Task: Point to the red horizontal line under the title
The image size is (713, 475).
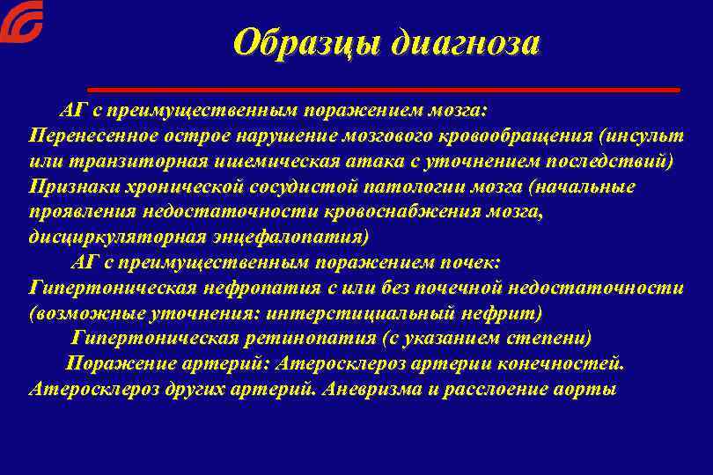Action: (x=384, y=90)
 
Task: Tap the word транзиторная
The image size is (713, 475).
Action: (x=136, y=163)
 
